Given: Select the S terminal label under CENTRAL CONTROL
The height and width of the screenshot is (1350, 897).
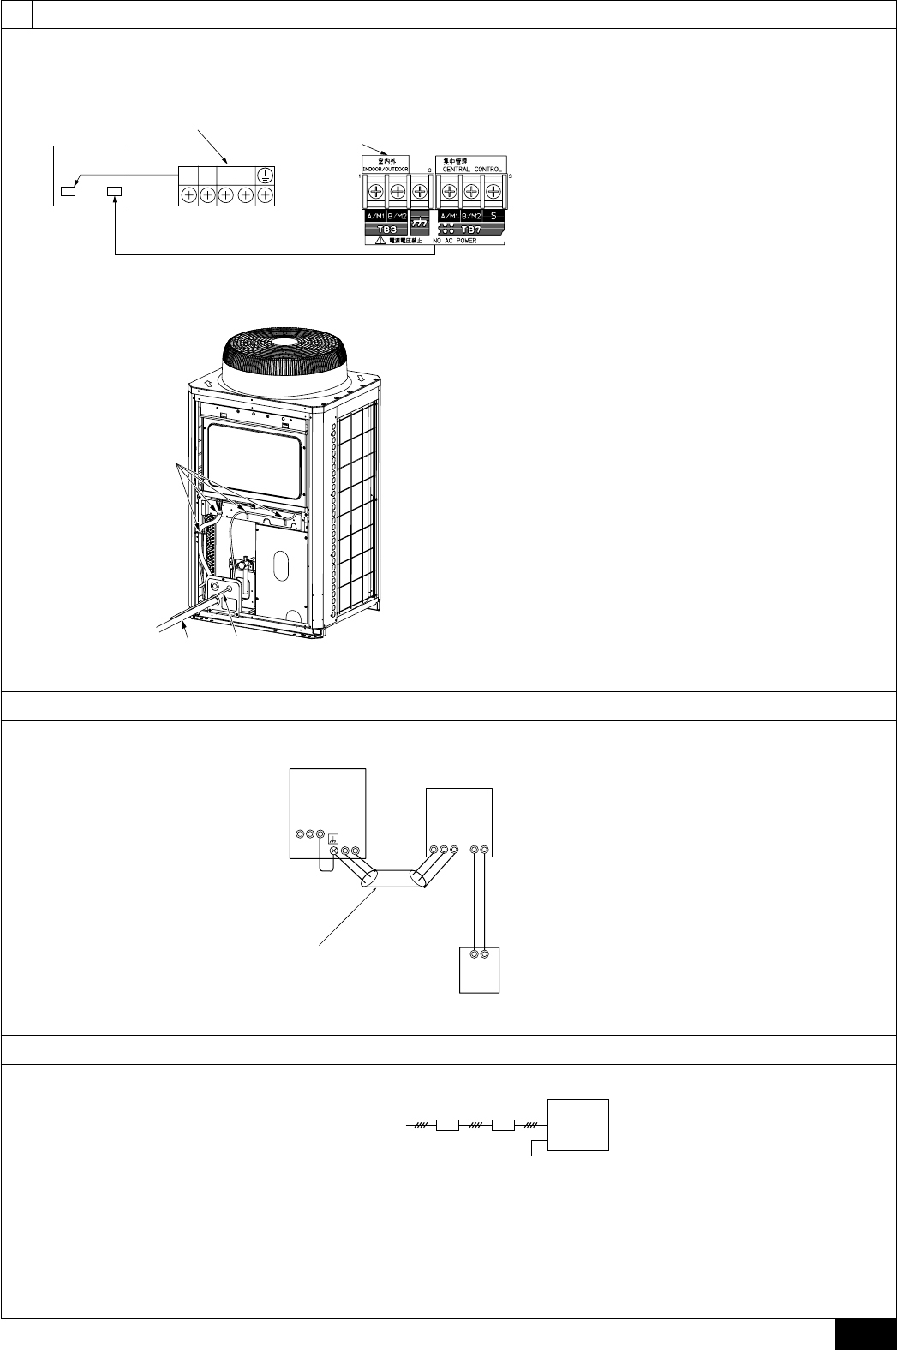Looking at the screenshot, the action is pos(493,217).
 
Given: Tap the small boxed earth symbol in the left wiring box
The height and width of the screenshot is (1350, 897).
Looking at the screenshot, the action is pos(332,839).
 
